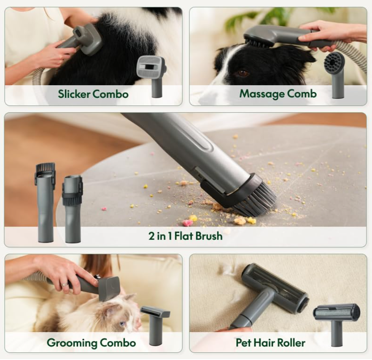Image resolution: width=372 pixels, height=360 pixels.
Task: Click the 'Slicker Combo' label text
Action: (93, 94)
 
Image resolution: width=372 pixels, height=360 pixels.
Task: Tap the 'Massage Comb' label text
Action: (278, 94)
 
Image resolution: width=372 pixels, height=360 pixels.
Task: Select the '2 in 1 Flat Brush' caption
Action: (185, 236)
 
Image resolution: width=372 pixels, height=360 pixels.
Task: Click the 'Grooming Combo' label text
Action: (91, 342)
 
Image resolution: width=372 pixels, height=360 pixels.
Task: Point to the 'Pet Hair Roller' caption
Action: (270, 342)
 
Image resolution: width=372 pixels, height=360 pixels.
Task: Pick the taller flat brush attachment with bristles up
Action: (45, 203)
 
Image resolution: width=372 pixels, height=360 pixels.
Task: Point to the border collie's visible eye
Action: (242, 73)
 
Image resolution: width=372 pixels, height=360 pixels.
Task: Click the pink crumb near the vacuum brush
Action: (187, 223)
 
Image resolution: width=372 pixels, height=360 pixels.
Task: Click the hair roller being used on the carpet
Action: (275, 287)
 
